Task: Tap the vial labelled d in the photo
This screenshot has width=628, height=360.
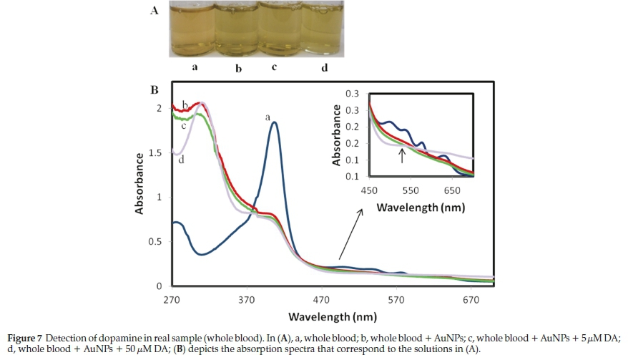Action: tap(325, 30)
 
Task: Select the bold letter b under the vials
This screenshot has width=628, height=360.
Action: tap(238, 69)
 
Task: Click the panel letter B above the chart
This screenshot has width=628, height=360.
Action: tap(153, 91)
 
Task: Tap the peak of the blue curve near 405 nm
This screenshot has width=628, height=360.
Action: tap(274, 122)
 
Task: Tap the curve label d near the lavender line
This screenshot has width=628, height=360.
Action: tap(182, 159)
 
